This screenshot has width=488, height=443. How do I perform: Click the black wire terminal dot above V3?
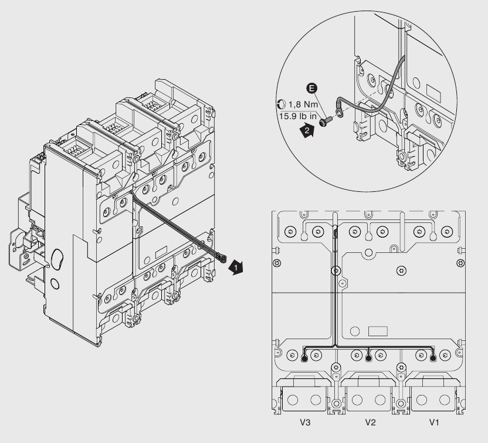point(304,355)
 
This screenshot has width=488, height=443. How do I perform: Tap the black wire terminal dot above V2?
point(368,355)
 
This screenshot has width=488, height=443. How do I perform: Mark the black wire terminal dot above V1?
point(433,355)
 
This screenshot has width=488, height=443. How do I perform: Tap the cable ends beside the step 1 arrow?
point(223,256)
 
